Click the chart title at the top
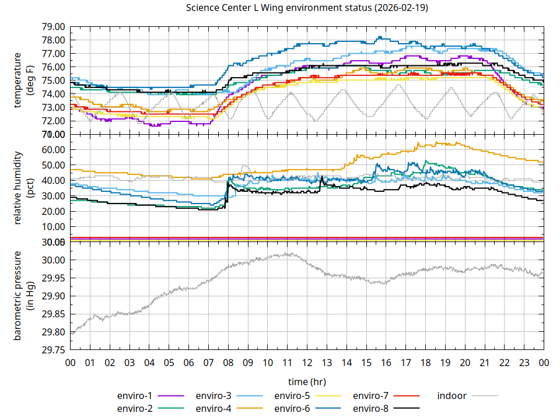[307, 8]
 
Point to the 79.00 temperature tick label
[53, 27]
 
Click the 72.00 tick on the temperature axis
[53, 121]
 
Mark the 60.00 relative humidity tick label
[53, 149]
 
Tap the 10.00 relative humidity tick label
[53, 226]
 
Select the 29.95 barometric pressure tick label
[53, 278]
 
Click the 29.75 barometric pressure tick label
[53, 350]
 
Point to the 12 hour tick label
[307, 362]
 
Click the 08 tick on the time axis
[228, 362]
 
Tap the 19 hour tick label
[445, 362]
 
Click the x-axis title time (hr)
[307, 381]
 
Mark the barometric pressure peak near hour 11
[287, 253]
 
